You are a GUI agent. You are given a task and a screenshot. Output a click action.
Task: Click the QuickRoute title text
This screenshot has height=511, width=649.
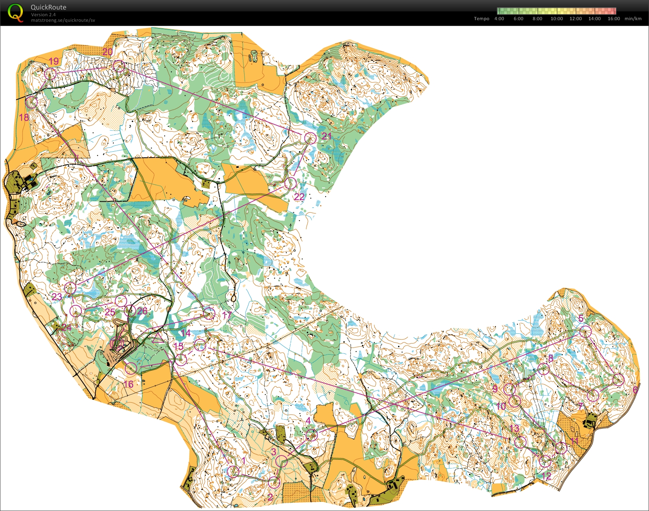(48, 7)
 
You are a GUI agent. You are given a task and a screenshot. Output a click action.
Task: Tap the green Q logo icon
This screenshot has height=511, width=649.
(15, 13)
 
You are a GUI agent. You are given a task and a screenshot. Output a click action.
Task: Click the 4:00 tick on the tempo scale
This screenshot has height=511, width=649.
(499, 19)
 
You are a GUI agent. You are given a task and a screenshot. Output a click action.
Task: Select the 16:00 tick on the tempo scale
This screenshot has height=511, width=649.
(614, 19)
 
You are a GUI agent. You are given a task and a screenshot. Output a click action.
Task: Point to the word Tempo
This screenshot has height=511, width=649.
(481, 19)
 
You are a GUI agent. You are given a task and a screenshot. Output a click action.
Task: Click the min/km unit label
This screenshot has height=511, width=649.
(633, 19)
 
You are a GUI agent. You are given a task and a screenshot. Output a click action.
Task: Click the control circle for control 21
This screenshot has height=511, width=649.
(311, 138)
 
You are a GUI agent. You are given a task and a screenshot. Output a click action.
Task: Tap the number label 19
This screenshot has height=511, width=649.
(53, 61)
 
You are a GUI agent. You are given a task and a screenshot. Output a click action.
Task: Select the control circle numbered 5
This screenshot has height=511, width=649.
(586, 331)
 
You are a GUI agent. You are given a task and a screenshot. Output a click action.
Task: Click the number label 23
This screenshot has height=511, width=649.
(57, 297)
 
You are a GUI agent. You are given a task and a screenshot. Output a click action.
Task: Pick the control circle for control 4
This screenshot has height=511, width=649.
(312, 435)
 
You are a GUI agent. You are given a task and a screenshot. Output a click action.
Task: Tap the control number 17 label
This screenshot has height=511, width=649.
(227, 315)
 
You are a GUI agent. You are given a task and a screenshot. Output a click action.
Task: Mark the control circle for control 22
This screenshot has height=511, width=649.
(290, 183)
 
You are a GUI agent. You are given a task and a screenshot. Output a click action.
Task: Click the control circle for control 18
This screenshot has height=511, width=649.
(32, 102)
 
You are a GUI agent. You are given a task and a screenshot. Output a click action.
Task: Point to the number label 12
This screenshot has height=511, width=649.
(546, 476)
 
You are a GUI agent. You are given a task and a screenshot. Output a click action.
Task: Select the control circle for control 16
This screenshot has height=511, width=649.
(131, 368)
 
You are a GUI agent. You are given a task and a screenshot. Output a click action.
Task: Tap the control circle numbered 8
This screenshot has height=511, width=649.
(543, 369)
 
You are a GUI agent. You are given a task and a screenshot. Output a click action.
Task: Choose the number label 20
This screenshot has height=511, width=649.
(108, 52)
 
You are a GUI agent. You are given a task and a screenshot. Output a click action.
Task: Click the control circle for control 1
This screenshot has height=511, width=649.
(233, 471)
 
